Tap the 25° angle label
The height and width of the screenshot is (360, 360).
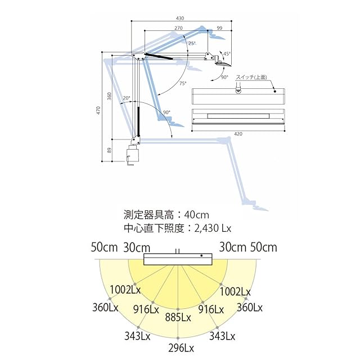coord(192,43)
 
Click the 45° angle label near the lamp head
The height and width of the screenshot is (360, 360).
coord(227,54)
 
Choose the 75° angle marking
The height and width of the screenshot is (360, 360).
coord(183,83)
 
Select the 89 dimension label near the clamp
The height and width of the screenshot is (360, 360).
coord(109,151)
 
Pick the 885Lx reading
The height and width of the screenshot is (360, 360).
coord(178,318)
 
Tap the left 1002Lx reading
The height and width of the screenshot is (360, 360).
coord(125,291)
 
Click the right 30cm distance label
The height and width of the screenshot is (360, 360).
coord(231,247)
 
